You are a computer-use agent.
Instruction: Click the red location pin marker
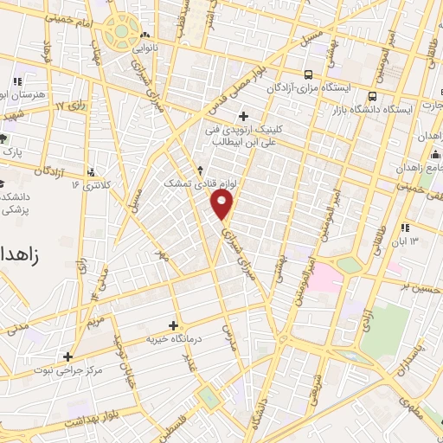[x=223, y=205]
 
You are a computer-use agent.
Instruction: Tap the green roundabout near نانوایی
[x=122, y=32]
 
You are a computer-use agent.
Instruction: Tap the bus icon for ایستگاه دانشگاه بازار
[x=372, y=96]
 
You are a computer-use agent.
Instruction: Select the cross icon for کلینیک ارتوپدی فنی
[x=243, y=115]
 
